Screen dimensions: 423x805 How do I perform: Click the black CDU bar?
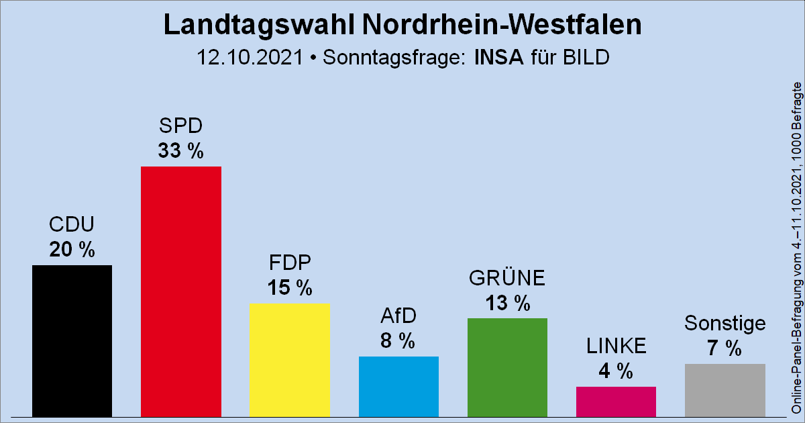(x=72, y=340)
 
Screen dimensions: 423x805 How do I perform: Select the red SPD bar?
(x=181, y=291)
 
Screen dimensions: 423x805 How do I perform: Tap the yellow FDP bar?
(x=290, y=359)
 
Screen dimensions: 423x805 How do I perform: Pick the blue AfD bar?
(x=399, y=385)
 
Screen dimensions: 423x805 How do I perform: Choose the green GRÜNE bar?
(x=508, y=367)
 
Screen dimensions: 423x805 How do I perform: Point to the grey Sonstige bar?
(x=725, y=389)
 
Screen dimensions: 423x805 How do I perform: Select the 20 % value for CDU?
(x=72, y=250)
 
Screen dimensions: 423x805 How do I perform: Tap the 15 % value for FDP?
(x=290, y=288)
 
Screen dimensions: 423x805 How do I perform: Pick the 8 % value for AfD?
(x=399, y=341)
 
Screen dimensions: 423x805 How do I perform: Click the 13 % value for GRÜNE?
(x=508, y=303)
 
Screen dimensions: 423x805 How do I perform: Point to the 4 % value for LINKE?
(x=616, y=371)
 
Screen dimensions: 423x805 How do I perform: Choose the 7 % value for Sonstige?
(x=725, y=348)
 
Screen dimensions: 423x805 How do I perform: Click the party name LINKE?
(x=616, y=346)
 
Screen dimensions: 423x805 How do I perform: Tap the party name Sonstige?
(x=725, y=324)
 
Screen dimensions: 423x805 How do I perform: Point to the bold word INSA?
(x=498, y=57)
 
